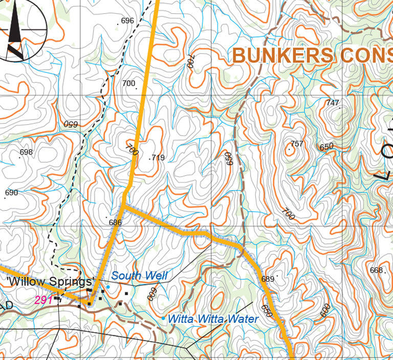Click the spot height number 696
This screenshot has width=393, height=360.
tap(127, 21)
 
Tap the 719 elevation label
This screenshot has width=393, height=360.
tap(158, 157)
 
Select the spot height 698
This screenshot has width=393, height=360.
tap(26, 152)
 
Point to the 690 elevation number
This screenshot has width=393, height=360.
tap(11, 193)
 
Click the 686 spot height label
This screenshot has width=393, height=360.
tap(115, 222)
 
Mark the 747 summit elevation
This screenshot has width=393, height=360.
tap(333, 103)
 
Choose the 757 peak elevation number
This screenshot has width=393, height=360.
tap(297, 144)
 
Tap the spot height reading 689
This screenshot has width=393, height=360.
tap(268, 279)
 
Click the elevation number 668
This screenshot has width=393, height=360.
tap(376, 270)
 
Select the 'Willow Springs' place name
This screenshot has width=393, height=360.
tap(49, 282)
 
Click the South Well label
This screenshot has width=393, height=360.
tap(139, 276)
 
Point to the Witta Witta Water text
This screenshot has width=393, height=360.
tap(213, 319)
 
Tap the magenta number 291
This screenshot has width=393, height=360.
tap(43, 300)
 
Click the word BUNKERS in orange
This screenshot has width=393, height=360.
tap(282, 56)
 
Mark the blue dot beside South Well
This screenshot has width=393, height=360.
tap(107, 273)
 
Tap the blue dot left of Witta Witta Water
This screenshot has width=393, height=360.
tap(163, 318)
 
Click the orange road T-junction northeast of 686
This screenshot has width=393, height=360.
tap(123, 207)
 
